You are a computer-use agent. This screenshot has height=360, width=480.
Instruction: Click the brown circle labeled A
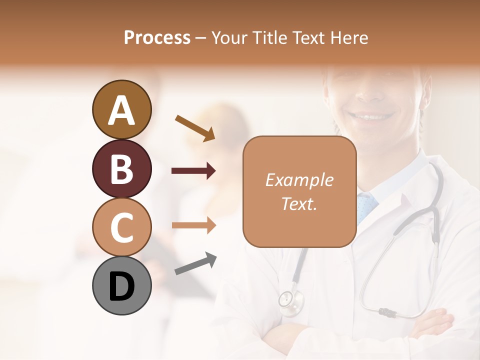click(x=121, y=109)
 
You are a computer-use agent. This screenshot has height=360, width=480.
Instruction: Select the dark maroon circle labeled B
click(x=121, y=168)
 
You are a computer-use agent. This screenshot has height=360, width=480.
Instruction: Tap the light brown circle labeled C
click(x=121, y=227)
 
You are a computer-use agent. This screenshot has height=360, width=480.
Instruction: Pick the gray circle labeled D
click(x=121, y=285)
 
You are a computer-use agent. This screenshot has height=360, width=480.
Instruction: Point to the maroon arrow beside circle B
click(x=193, y=171)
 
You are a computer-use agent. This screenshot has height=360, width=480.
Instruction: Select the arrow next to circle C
click(x=193, y=225)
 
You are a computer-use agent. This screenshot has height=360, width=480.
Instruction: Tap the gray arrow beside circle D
click(x=195, y=263)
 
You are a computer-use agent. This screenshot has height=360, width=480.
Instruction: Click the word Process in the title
click(x=157, y=38)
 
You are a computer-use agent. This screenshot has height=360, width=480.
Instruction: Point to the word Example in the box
click(x=299, y=180)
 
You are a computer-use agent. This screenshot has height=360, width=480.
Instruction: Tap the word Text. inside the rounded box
click(x=299, y=203)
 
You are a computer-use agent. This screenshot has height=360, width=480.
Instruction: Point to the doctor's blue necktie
click(x=367, y=204)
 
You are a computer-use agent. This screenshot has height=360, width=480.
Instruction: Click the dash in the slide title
click(x=201, y=38)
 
